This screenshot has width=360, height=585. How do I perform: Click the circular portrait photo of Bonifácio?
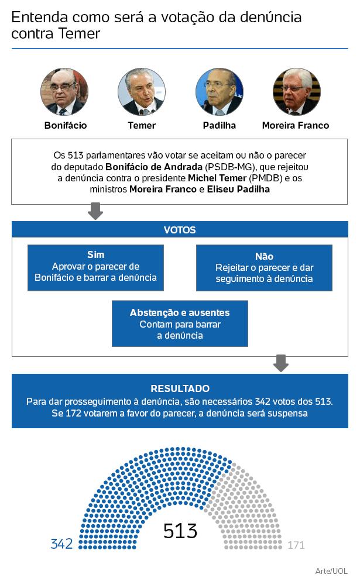tap(64, 92)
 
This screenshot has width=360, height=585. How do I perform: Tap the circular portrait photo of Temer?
tap(141, 92)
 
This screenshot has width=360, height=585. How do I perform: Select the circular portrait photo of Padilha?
tap(219, 92)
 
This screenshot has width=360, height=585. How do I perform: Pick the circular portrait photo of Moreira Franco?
tap(296, 92)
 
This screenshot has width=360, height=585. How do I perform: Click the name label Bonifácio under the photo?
tap(66, 125)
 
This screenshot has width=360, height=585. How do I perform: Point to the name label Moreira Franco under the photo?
tap(295, 125)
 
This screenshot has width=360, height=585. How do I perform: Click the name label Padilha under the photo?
tap(219, 125)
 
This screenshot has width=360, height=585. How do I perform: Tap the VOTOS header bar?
tap(180, 230)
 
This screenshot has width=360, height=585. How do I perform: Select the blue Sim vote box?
tap(95, 267)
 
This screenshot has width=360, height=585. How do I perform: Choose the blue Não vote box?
tap(264, 268)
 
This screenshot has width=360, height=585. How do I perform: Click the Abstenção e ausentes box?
tap(180, 324)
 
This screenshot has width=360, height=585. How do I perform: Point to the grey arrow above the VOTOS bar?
tap(95, 211)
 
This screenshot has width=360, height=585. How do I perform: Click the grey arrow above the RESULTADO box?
tap(281, 363)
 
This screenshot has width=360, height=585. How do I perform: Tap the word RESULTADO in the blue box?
tap(180, 388)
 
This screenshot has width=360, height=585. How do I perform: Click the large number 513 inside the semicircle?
tap(180, 531)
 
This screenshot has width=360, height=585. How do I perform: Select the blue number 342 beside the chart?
tap(61, 544)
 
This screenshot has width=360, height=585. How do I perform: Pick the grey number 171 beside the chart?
tap(296, 545)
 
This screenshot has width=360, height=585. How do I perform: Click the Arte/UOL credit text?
tap(331, 570)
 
